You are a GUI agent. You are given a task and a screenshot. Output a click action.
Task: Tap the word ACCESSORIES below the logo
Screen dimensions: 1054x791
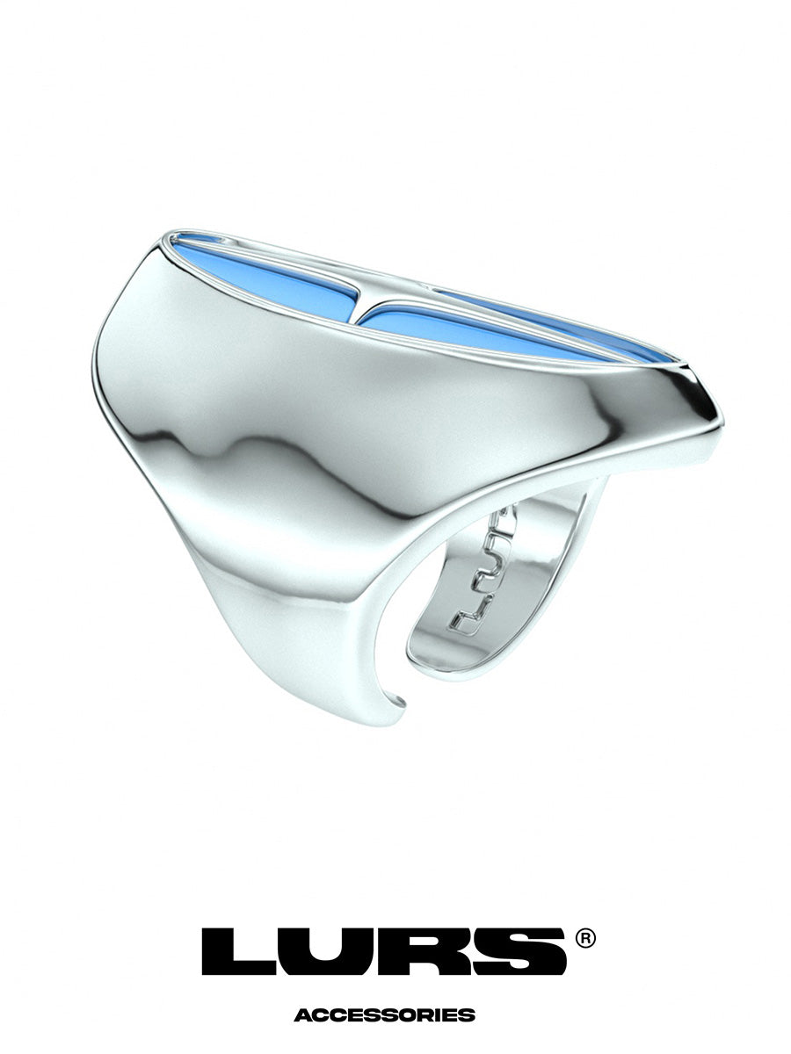coord(384,1015)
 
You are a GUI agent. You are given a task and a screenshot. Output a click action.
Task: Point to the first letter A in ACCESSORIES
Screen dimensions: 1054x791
coord(301,1015)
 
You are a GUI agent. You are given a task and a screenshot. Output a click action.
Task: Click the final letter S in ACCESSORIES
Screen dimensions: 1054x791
coord(468,1015)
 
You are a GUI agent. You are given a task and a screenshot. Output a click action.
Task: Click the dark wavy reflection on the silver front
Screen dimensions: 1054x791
coord(255,448)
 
